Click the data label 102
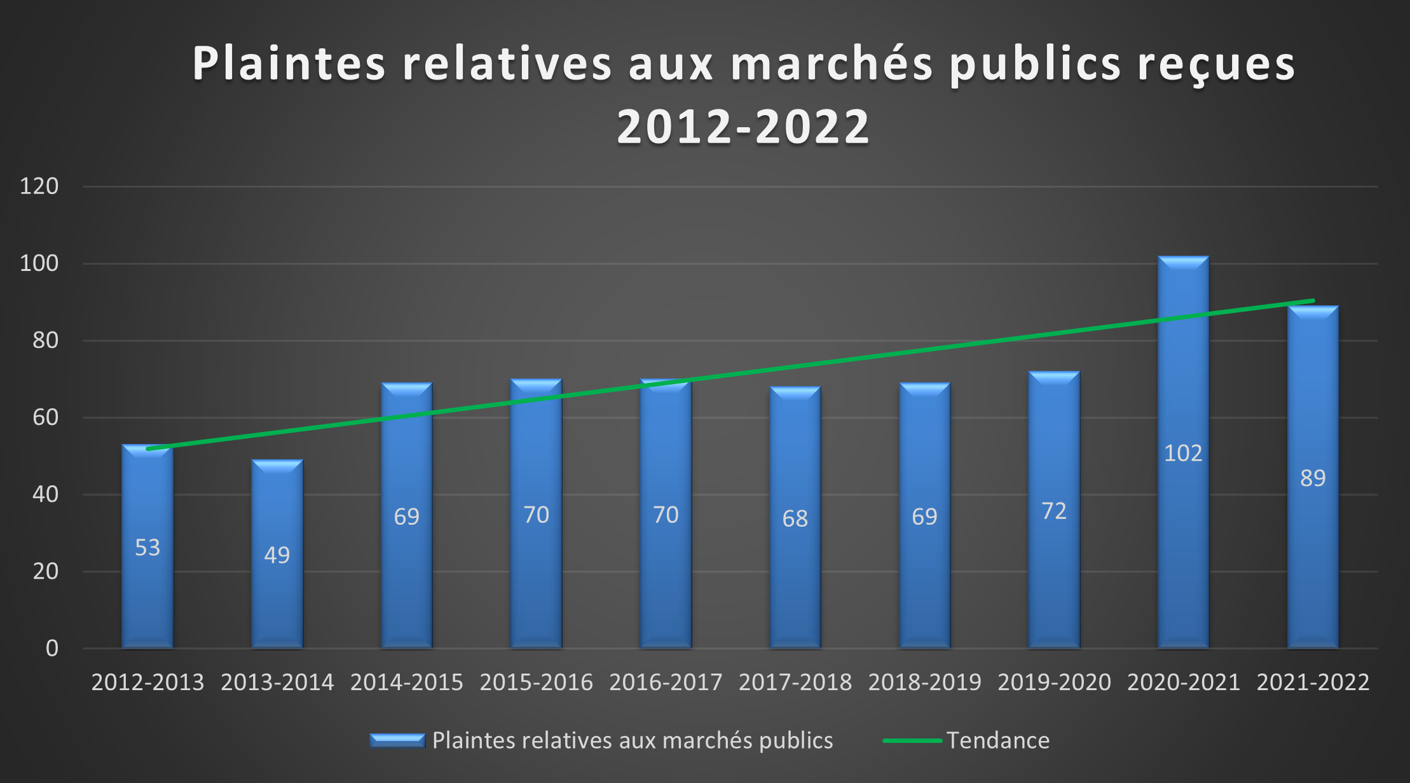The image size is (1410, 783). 1183,453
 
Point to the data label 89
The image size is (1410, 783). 1313,478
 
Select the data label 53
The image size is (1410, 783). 147,547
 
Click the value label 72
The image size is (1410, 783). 1054,511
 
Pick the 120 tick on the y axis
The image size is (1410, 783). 39,186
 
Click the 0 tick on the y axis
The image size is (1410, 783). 52,648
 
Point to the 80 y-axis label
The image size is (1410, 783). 46,340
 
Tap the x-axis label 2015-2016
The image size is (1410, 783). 536,683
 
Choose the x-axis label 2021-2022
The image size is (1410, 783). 1313,683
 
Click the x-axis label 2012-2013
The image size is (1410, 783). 147,683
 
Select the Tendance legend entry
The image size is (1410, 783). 997,740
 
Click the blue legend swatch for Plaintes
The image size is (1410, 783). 397,740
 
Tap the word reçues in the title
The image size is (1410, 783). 1215,64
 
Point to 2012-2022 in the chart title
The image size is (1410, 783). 743,126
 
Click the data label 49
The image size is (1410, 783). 277,555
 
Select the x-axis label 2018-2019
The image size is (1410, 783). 924,683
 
